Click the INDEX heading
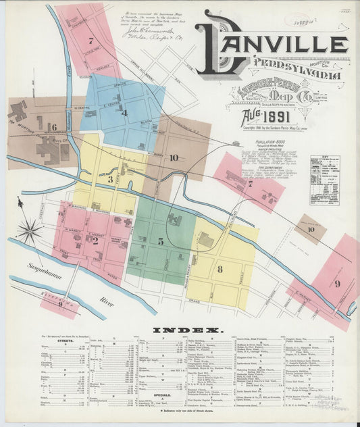187,330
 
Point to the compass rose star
30,230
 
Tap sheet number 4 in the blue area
124,113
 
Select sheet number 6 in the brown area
53,126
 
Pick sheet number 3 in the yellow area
110,180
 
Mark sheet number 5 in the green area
160,241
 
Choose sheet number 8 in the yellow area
220,270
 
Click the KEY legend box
325,180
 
